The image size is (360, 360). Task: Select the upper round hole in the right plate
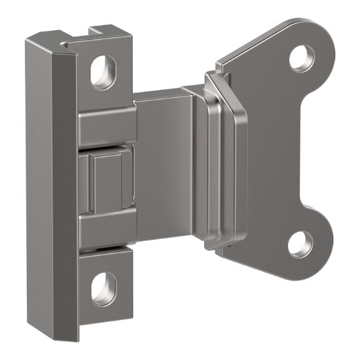coord(303,57)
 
